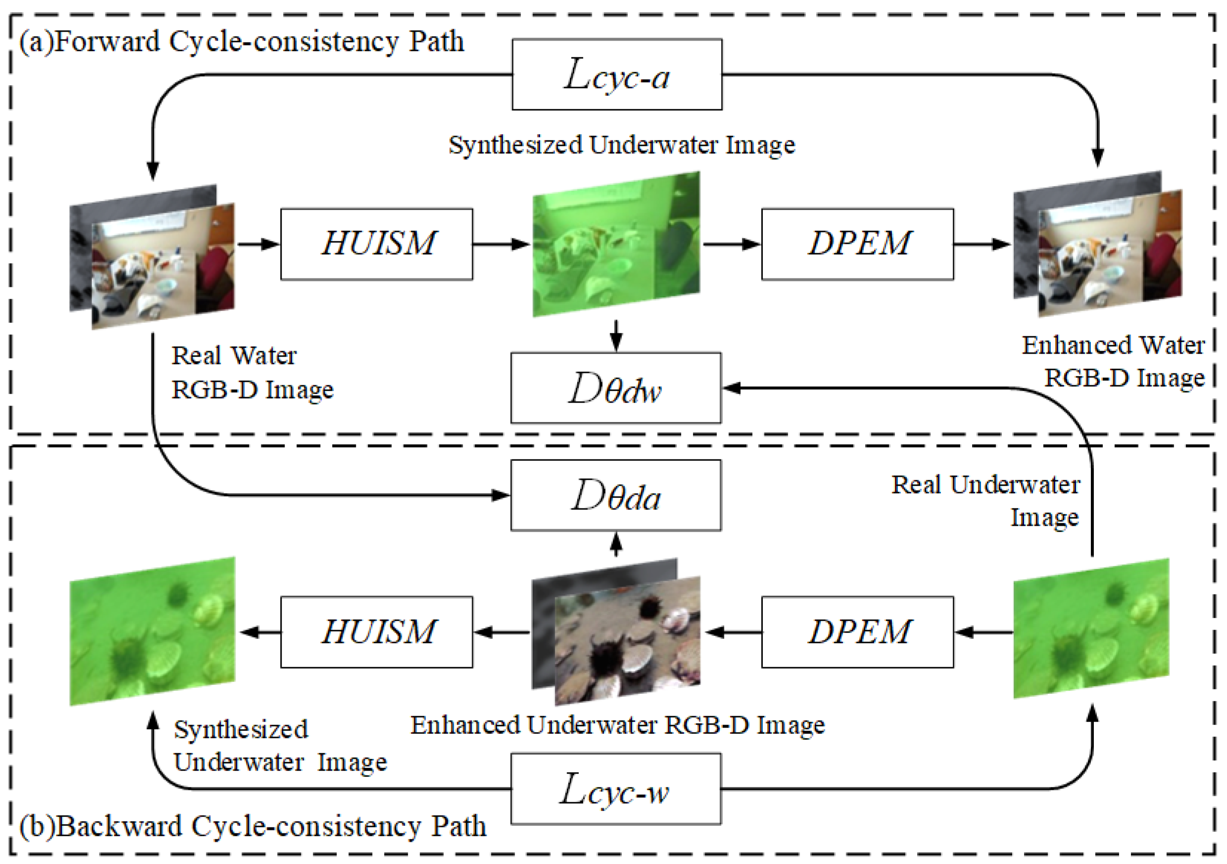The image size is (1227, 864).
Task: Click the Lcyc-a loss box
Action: pos(617,75)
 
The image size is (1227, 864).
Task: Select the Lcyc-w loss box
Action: pos(616,789)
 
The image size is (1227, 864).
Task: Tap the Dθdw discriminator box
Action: pos(616,388)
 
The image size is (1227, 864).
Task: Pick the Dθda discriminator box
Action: pos(616,496)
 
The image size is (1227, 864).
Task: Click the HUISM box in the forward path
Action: pos(377,244)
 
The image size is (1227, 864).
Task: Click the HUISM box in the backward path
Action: pos(377,632)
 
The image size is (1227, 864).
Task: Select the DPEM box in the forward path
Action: pos(857,244)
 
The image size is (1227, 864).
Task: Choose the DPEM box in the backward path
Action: pos(857,632)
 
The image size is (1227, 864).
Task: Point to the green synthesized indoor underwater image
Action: pos(616,244)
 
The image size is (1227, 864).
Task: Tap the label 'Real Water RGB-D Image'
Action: pos(251,373)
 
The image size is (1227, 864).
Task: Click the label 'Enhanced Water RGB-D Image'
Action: pos(1114,362)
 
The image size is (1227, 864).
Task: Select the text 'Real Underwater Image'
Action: pos(986,501)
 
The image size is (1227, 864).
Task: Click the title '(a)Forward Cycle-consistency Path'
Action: pos(242,42)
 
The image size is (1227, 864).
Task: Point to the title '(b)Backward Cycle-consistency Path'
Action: pos(252,826)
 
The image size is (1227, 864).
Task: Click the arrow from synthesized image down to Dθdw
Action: pos(616,335)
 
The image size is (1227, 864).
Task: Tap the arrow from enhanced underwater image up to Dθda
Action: pos(616,545)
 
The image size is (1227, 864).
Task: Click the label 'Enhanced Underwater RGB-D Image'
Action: pos(617,725)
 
